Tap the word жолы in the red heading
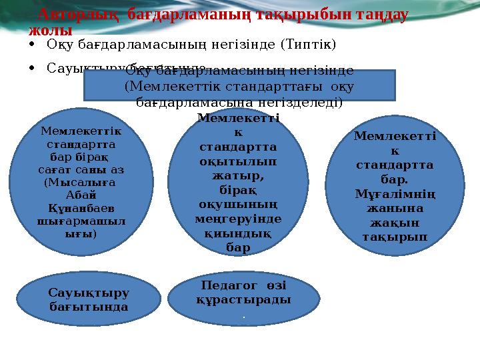click(x=51, y=30)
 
